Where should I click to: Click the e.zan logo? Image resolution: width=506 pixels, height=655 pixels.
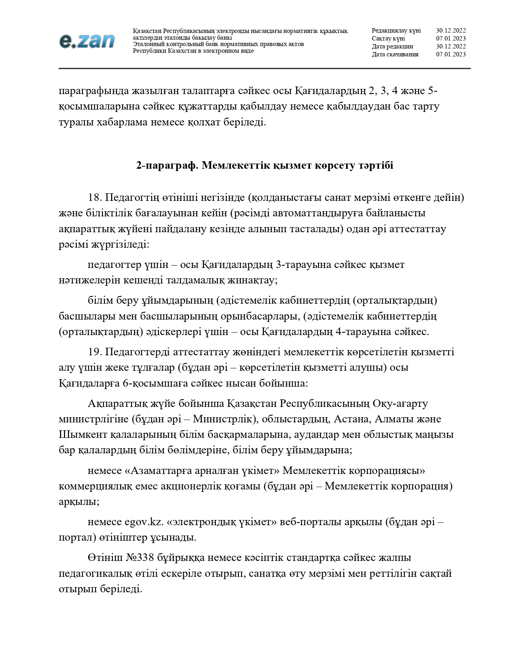(87, 40)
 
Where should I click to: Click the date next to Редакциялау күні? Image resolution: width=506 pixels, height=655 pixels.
(451, 31)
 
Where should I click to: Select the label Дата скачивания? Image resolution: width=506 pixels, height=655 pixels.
(395, 54)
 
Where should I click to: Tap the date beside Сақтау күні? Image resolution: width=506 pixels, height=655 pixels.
(451, 39)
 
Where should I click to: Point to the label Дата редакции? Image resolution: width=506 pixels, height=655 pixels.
(392, 46)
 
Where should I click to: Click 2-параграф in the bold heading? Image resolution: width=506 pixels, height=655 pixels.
(167, 166)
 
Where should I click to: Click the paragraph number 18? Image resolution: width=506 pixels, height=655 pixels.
(95, 197)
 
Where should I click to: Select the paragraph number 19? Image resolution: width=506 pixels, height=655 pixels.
(95, 352)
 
